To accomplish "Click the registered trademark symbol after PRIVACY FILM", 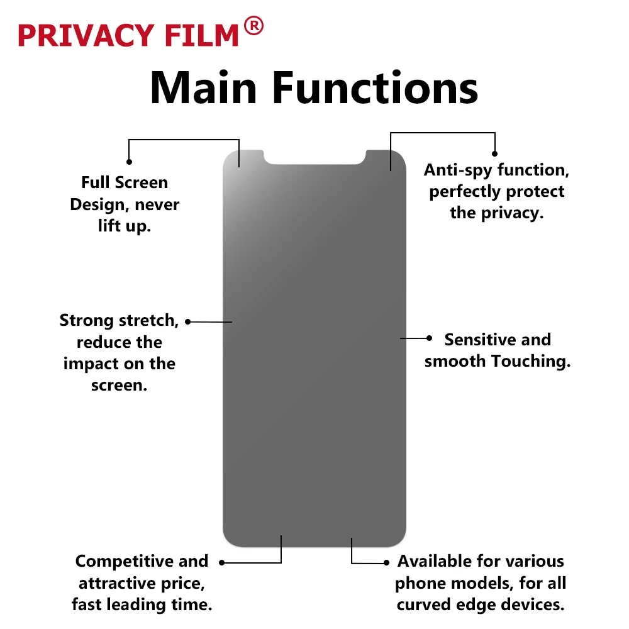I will [x=253, y=26].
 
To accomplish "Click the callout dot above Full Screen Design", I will [x=129, y=162].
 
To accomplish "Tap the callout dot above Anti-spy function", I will [x=495, y=153].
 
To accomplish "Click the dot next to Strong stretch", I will [x=188, y=321].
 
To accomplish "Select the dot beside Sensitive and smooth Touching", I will [x=429, y=338].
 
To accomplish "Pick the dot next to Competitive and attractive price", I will [x=221, y=562].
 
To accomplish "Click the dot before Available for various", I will [x=386, y=562].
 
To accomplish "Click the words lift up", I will [x=125, y=226].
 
